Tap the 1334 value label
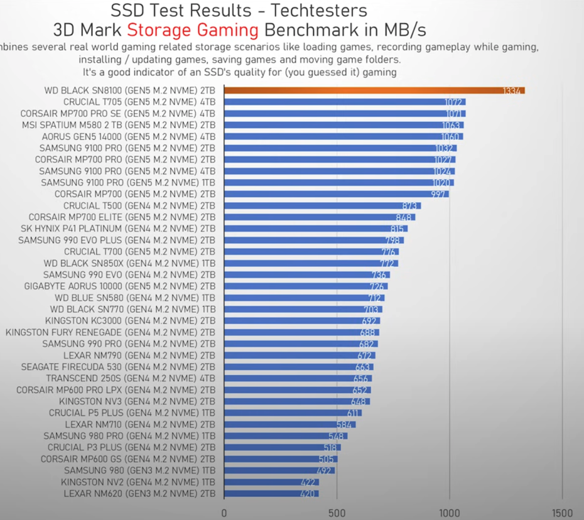pos(512,91)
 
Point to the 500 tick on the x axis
pos(337,511)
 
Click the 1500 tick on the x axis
pos(562,511)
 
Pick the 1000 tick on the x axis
pos(449,511)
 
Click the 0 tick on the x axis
pos(224,511)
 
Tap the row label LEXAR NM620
pos(139,494)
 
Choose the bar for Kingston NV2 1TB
pos(270,482)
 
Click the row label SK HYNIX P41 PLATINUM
pos(117,229)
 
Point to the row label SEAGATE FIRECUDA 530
pos(118,367)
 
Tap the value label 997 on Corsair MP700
pos(439,194)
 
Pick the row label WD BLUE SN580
pos(135,298)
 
